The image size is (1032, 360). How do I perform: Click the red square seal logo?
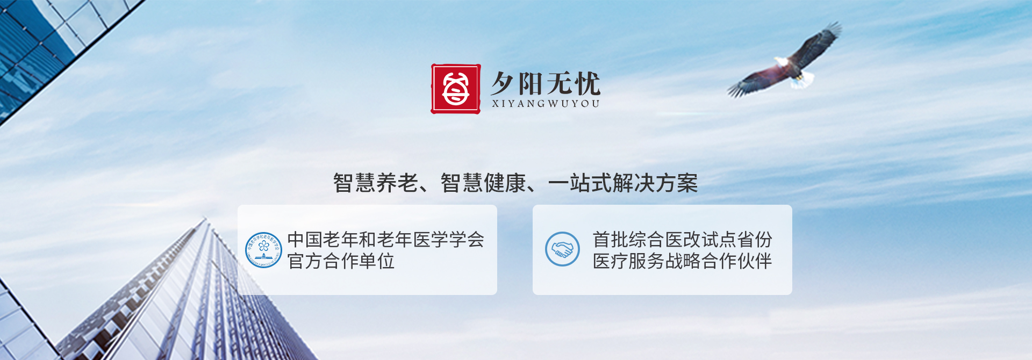point(456,89)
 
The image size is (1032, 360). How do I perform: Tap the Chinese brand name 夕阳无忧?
point(546,83)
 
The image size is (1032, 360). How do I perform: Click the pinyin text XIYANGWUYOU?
point(546,104)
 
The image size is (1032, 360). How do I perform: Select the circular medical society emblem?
point(263,250)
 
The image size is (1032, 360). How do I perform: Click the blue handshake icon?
point(562,249)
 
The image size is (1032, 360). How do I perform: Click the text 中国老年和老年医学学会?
point(386,239)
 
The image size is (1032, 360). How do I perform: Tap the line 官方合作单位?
point(341,261)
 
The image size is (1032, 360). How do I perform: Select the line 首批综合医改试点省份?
point(682,239)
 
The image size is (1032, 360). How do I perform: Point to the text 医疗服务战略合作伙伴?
point(682,261)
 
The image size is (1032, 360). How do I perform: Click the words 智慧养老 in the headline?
point(376,183)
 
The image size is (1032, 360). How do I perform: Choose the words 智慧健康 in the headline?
point(483,183)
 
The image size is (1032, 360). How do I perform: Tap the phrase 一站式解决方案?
point(623,183)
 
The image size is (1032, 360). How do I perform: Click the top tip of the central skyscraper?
point(205,217)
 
